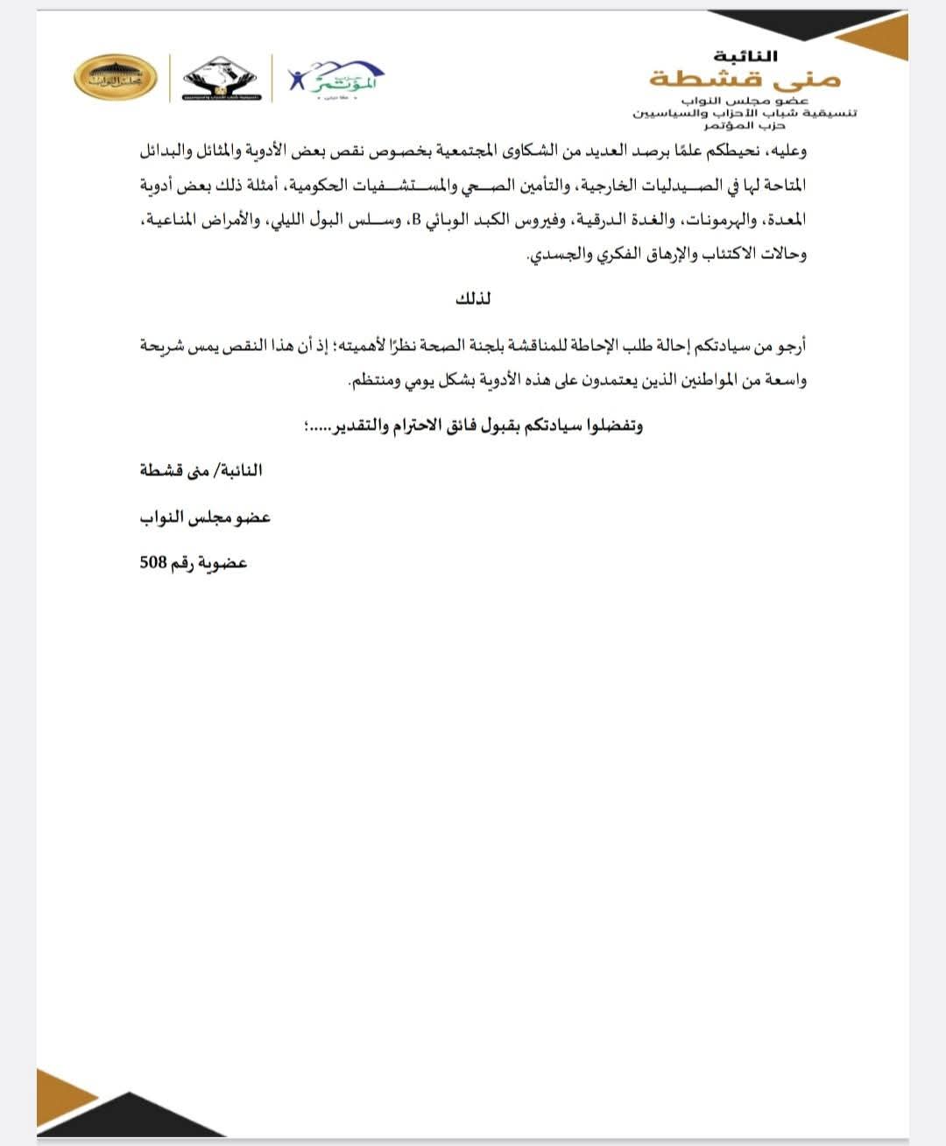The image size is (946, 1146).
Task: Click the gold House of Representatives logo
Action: tap(115, 77)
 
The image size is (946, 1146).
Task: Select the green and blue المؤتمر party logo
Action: tap(337, 78)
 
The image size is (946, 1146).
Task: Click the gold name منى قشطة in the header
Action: tap(745, 80)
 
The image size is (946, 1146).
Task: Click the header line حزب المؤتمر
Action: tap(745, 125)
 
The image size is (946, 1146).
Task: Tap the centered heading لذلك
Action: tap(473, 299)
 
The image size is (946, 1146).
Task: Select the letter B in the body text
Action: tap(417, 221)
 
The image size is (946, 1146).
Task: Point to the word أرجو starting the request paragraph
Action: tap(789, 347)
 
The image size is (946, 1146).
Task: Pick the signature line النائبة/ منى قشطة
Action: tap(201, 471)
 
